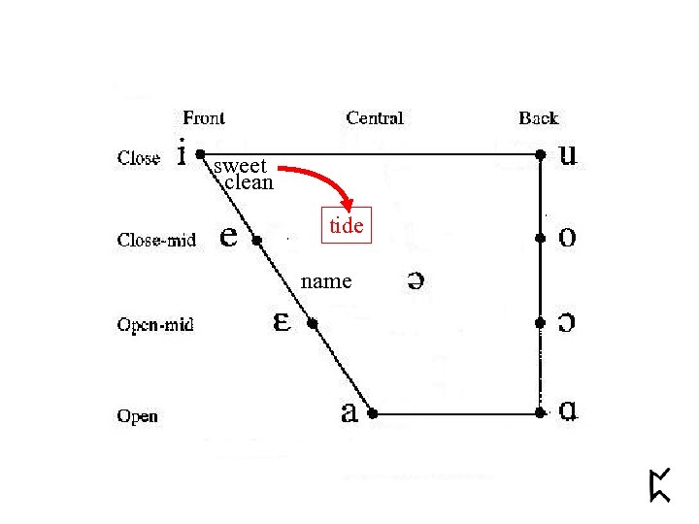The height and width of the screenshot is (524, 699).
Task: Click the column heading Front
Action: (x=204, y=117)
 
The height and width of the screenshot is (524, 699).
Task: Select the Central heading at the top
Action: (x=375, y=117)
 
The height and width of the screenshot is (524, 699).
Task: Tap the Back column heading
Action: (x=538, y=117)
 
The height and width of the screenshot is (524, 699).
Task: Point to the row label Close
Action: (x=139, y=157)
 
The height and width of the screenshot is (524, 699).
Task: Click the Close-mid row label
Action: (x=156, y=239)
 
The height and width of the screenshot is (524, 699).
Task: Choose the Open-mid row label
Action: (x=155, y=324)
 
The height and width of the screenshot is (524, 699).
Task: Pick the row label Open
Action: (x=137, y=416)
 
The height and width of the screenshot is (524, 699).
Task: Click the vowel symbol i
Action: (x=181, y=152)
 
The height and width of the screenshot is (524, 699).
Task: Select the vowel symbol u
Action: (x=570, y=155)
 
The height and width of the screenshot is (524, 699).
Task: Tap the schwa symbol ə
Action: (x=414, y=280)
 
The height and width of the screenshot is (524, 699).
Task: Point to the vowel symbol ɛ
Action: (x=282, y=321)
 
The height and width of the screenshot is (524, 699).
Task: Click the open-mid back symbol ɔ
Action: (x=570, y=323)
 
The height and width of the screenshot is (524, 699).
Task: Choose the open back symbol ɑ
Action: (x=570, y=412)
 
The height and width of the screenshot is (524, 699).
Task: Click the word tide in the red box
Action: (x=347, y=226)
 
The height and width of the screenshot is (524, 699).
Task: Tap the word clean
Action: (x=249, y=181)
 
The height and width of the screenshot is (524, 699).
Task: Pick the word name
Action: (x=326, y=281)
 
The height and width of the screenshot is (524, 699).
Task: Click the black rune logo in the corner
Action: (x=660, y=484)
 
